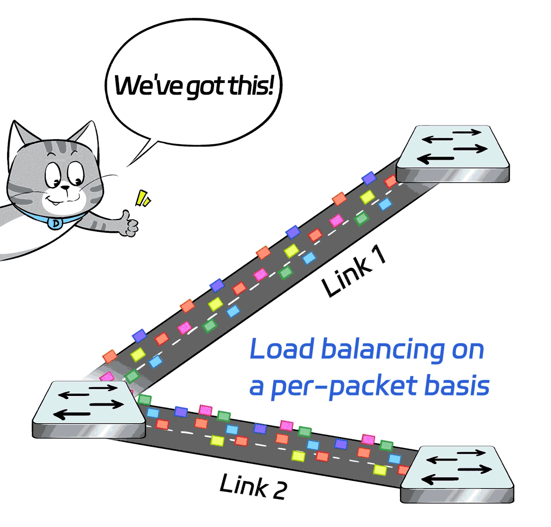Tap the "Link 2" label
(253, 486)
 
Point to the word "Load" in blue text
(281, 349)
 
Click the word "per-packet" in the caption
(345, 387)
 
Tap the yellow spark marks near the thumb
(143, 199)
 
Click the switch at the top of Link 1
(453, 154)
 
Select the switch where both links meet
(88, 410)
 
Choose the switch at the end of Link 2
(457, 474)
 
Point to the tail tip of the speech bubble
(127, 166)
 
